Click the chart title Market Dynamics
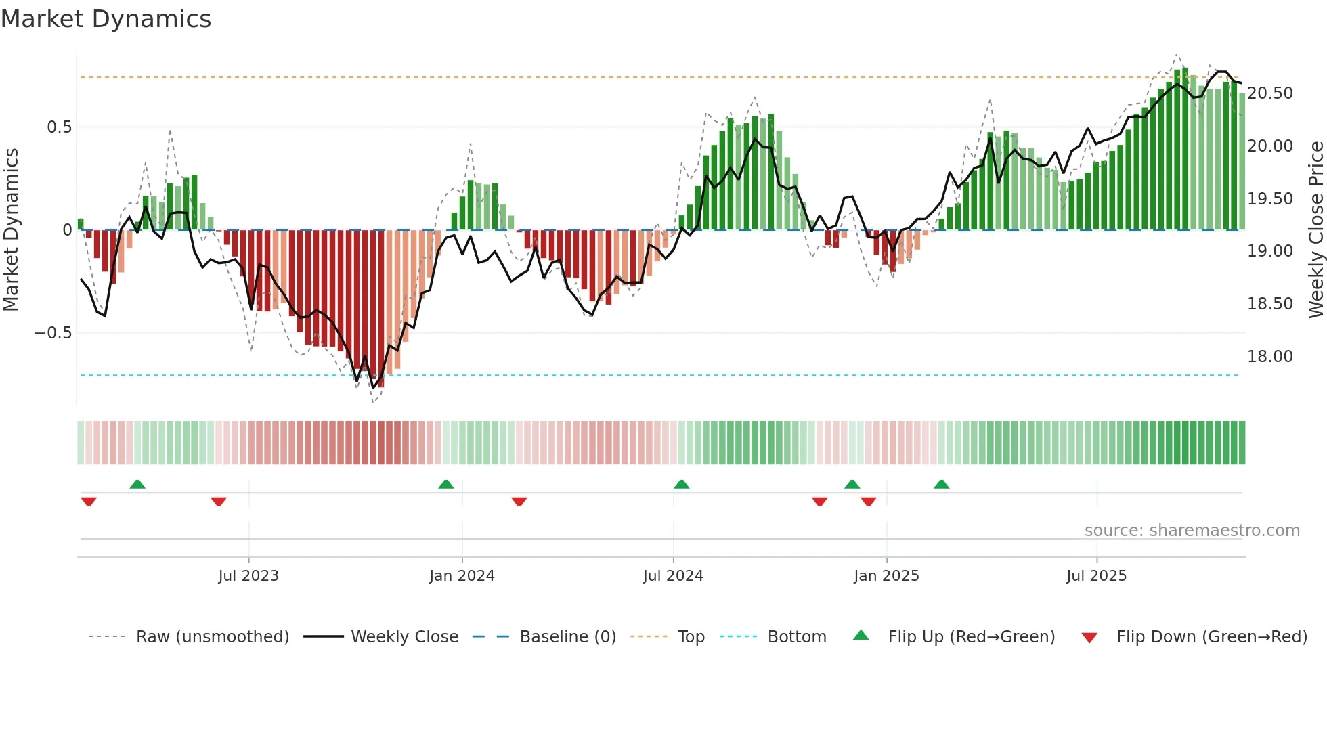point(106,19)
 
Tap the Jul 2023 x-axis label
point(248,576)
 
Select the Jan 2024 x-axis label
point(462,576)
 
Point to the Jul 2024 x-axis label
point(673,576)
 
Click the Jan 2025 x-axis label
point(886,576)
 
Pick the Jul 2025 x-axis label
point(1096,576)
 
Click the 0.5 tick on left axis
point(59,127)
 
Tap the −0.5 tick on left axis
point(53,333)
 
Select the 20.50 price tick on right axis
point(1270,93)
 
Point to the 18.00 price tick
point(1270,357)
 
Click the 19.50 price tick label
point(1270,199)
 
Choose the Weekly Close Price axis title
point(1315,230)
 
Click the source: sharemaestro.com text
point(1192,531)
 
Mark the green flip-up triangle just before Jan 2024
point(446,485)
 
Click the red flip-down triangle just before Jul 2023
point(219,502)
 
